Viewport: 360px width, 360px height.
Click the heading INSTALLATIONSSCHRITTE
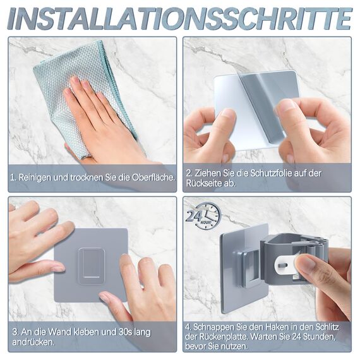(x=180, y=18)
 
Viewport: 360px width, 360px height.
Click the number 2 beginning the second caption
(x=189, y=172)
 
